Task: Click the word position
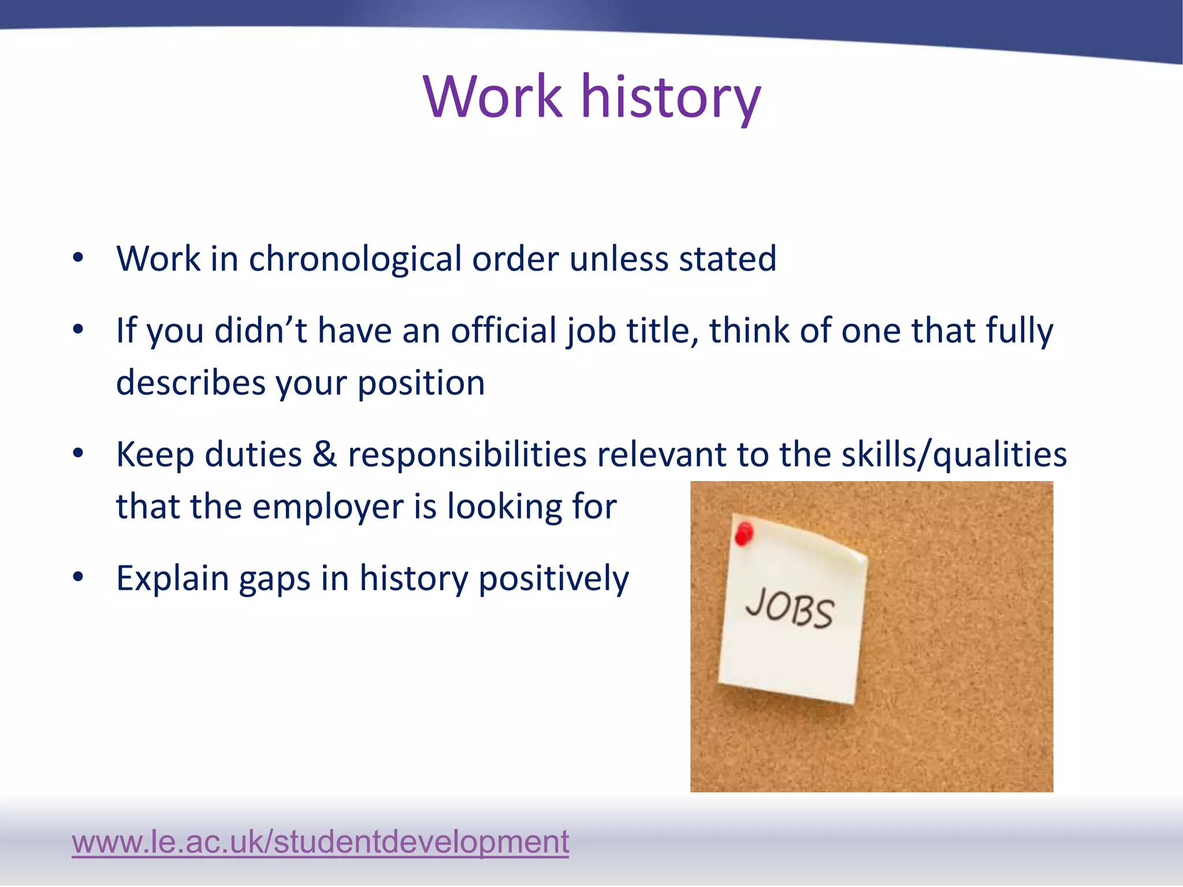[x=421, y=383]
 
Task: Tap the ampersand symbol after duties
[x=325, y=454]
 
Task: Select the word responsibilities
[x=467, y=454]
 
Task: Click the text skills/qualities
[x=954, y=454]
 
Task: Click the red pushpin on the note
[x=744, y=534]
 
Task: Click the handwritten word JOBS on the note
[x=790, y=608]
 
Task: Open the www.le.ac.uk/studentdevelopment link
[x=320, y=841]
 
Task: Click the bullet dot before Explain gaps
[x=79, y=576]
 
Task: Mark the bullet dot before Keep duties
[x=79, y=453]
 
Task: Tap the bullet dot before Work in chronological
[x=79, y=258]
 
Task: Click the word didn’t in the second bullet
[x=261, y=330]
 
